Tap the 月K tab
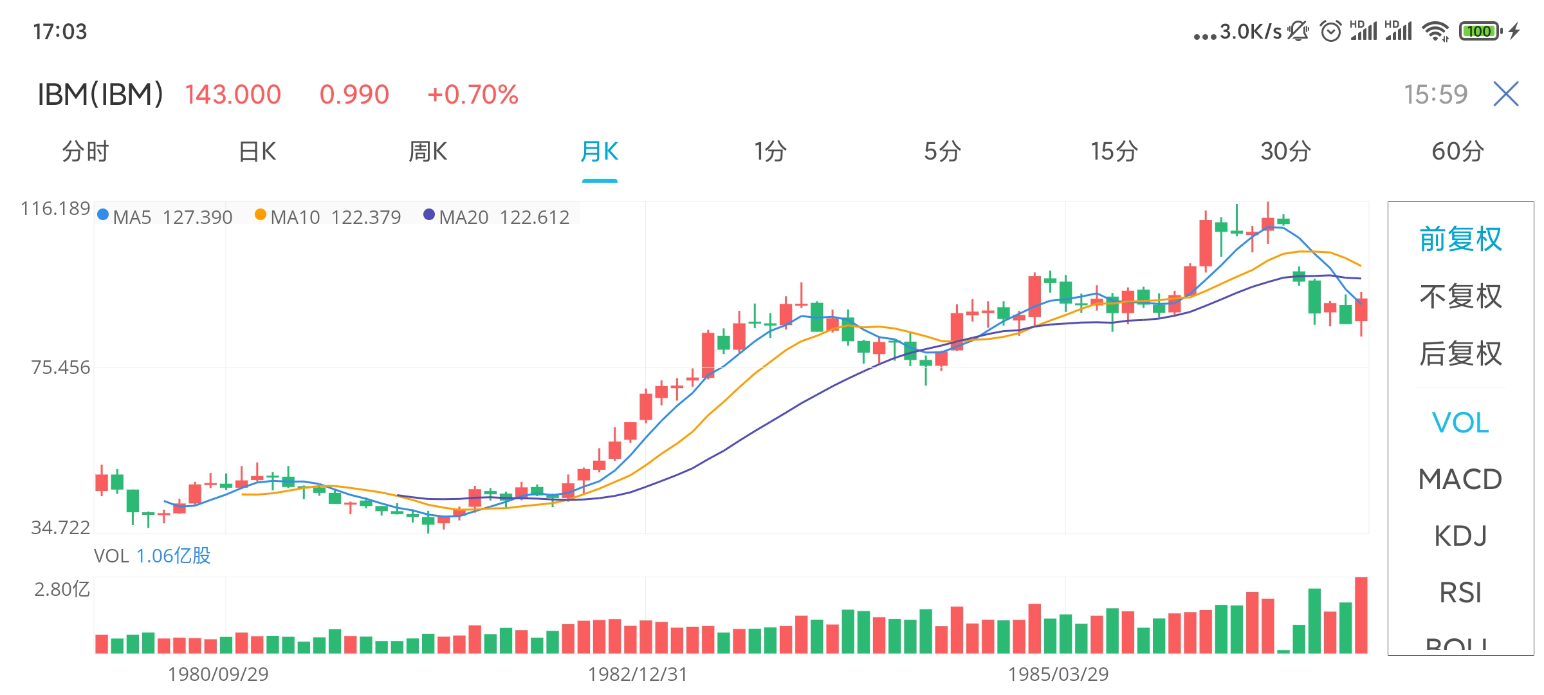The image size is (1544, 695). click(599, 152)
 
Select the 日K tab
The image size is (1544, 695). click(257, 152)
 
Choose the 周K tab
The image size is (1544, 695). click(428, 152)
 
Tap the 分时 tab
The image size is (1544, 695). click(86, 152)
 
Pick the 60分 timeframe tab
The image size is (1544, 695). click(1457, 152)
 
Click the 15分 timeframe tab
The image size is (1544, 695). click(1114, 152)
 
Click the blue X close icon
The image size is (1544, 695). click(1505, 94)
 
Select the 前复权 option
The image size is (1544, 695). click(1460, 239)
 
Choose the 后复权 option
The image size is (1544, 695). click(1460, 353)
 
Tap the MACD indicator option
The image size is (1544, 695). click(1460, 479)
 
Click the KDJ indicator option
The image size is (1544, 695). click(1460, 536)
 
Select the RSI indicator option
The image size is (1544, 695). click(1460, 593)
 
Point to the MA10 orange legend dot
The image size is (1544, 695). click(261, 215)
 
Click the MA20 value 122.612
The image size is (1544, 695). click(535, 218)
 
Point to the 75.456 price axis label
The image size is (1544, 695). click(60, 367)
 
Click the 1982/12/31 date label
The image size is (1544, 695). click(638, 674)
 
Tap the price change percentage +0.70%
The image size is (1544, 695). click(473, 95)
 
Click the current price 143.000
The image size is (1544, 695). click(233, 95)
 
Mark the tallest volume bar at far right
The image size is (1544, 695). click(1361, 615)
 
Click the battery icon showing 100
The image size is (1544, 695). click(1479, 31)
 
